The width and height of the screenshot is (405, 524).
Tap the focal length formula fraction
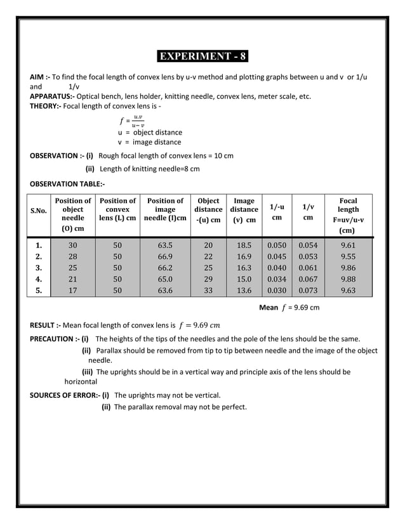click(132, 120)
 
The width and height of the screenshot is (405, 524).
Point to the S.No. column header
click(40, 214)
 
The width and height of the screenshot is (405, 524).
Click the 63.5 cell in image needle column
click(164, 244)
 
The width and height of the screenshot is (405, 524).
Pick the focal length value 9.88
click(347, 278)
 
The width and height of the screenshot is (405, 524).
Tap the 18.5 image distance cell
click(244, 244)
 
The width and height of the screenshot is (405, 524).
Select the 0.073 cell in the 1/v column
click(308, 291)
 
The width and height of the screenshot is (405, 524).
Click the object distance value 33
click(208, 291)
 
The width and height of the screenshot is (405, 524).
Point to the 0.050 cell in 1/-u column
click(276, 244)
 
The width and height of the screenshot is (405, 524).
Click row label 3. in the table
click(39, 267)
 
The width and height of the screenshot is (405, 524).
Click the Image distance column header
click(244, 210)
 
